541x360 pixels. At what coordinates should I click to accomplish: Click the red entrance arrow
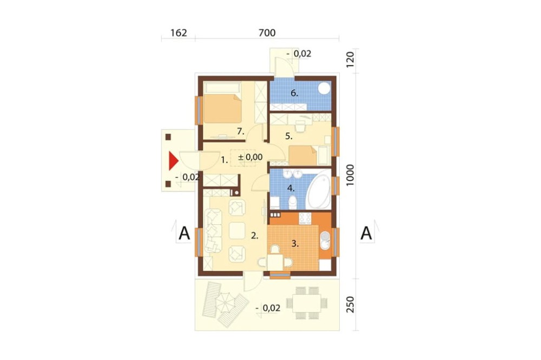173,161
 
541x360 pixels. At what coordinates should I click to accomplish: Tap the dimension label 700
267,33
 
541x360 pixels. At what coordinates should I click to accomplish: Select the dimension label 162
179,33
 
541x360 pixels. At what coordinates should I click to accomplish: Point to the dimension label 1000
350,175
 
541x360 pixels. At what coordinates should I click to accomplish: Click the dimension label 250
350,304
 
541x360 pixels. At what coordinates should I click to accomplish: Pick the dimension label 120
350,59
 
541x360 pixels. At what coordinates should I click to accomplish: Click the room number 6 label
294,93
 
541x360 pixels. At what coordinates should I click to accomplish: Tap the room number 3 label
295,244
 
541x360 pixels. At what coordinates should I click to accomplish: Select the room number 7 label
241,131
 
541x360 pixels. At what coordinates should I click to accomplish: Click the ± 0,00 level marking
250,157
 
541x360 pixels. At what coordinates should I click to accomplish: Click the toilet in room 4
292,202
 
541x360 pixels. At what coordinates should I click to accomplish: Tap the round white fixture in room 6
324,88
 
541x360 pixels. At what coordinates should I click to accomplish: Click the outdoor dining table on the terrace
307,303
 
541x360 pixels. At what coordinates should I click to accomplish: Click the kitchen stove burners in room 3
305,218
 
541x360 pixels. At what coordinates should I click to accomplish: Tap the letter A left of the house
184,234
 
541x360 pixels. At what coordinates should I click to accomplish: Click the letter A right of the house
366,234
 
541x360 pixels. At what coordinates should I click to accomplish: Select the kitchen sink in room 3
325,241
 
